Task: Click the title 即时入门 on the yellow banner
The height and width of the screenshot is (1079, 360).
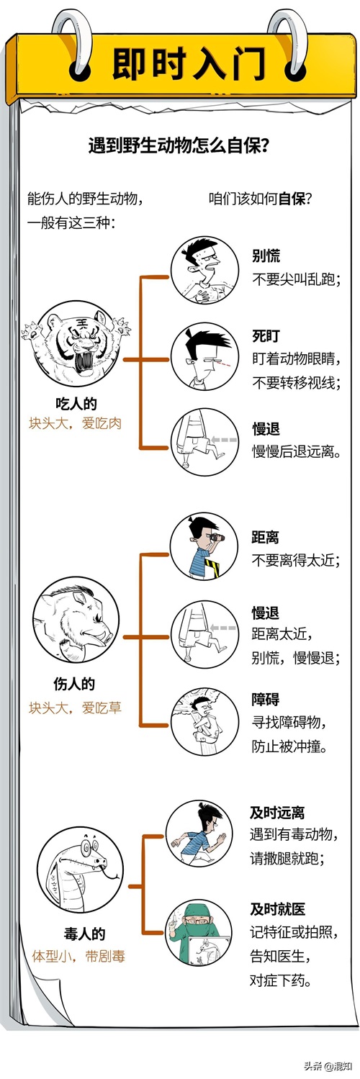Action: pos(189,63)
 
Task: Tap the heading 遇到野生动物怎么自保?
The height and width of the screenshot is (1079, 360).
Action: pos(179,145)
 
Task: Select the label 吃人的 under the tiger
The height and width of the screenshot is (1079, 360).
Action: pos(76,403)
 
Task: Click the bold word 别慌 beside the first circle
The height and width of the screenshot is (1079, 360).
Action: pos(266,256)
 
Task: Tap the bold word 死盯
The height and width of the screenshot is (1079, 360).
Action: pos(266,335)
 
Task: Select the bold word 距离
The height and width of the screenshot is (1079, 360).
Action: pos(265,537)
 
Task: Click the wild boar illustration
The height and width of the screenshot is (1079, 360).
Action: pos(76,619)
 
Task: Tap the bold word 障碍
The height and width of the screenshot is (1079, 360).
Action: pos(265,699)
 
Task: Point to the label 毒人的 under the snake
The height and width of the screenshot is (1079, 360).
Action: pos(84,934)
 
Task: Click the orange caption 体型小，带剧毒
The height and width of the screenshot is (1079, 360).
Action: pos(78,956)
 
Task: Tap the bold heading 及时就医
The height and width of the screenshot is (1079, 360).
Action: pos(278,909)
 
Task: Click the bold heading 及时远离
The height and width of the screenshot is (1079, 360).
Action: pos(277,813)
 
